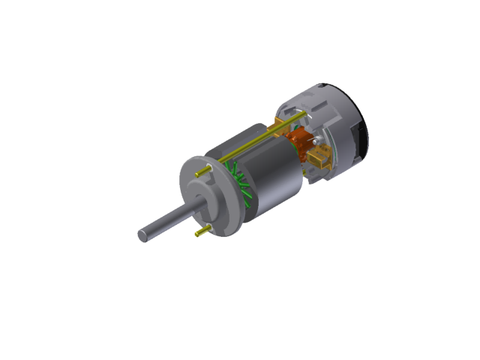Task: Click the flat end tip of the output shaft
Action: click(x=142, y=235)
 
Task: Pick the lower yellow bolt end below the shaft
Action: click(x=199, y=233)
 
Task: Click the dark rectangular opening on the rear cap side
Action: click(x=364, y=139)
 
